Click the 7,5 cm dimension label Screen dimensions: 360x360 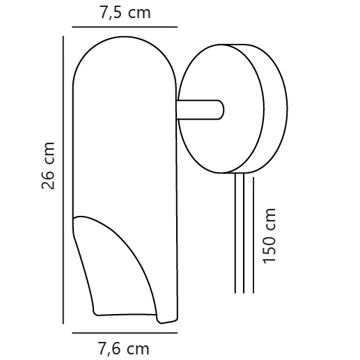click(125, 12)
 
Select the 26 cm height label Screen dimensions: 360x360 click(48, 166)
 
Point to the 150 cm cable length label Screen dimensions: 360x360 click(270, 235)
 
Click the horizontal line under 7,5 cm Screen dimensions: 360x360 click(125, 28)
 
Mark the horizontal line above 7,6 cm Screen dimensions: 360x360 click(125, 334)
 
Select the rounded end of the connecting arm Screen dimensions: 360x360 click(220, 110)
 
